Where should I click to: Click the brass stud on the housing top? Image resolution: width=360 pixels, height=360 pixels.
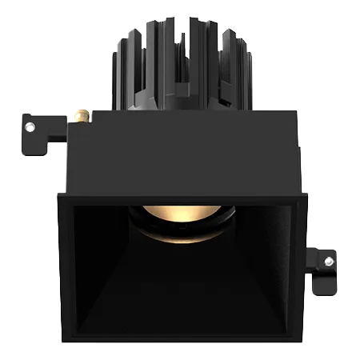[80, 118]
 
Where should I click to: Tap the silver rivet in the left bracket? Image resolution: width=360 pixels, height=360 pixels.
[30, 126]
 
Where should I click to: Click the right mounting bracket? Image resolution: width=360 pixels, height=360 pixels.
[323, 268]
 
